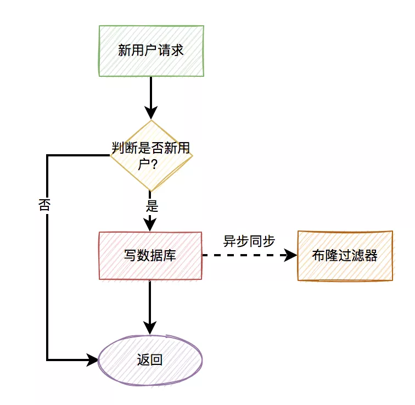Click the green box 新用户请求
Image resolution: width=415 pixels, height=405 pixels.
[151, 50]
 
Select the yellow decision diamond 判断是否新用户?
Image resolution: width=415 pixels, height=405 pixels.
[151, 155]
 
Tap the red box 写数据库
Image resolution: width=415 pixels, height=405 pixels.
[150, 256]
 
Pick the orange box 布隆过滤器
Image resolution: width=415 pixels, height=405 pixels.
[345, 256]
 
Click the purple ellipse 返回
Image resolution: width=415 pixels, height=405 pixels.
[150, 360]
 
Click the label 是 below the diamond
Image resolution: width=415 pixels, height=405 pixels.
[152, 206]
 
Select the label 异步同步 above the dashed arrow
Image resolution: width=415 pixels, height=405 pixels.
[249, 241]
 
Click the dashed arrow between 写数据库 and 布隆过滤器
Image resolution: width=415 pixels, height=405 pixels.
[242, 256]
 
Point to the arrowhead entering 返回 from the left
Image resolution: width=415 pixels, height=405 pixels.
[93, 360]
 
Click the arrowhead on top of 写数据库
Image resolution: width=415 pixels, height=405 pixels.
[150, 225]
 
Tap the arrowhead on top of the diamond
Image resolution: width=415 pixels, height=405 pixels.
[150, 113]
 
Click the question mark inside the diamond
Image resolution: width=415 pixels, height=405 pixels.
[154, 164]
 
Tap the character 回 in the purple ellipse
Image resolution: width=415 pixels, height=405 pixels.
[156, 360]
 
